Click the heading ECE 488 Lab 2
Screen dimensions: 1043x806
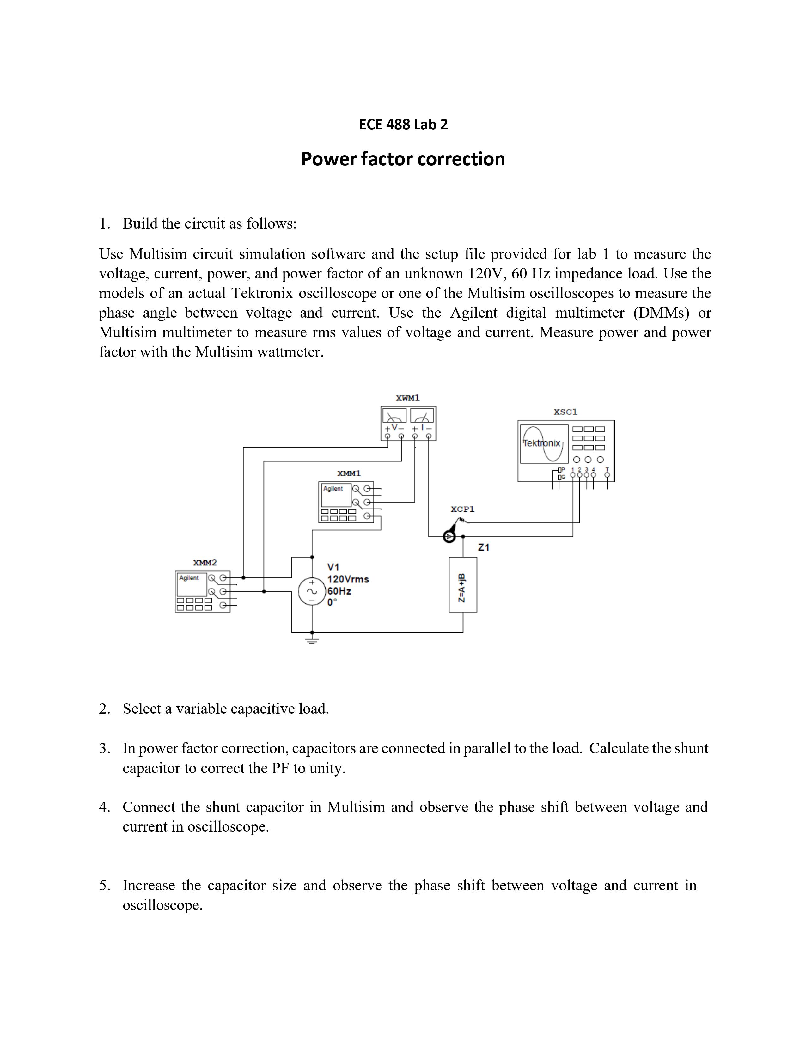point(403,125)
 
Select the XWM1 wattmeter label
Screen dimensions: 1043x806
point(407,398)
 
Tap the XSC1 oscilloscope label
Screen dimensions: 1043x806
point(565,412)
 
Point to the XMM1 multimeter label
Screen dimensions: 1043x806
point(349,473)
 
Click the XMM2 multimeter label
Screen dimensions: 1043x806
point(205,563)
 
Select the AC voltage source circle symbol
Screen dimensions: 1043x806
point(312,592)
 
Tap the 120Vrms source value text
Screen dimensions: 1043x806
point(348,579)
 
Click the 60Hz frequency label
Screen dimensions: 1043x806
point(339,591)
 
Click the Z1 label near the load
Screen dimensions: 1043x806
point(484,548)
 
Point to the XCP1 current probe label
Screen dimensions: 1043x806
point(462,509)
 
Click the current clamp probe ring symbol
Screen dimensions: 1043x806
point(449,537)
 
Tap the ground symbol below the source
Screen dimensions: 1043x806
point(312,638)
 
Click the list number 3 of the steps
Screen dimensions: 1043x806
point(104,748)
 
